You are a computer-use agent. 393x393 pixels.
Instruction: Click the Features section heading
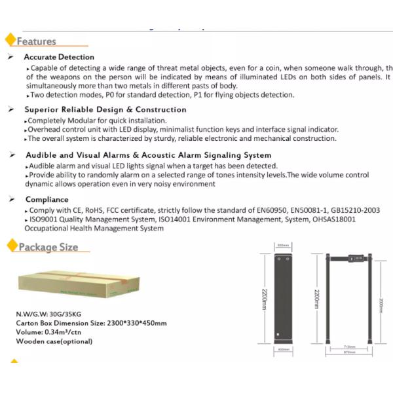pos(37,41)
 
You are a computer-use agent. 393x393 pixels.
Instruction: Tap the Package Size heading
pos(48,247)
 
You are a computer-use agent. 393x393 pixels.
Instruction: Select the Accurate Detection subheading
pos(59,57)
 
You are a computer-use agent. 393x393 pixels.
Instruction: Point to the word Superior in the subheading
pos(42,109)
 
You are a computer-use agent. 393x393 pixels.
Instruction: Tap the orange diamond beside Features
pos(10,40)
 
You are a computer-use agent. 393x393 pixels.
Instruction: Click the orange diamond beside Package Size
pos(11,246)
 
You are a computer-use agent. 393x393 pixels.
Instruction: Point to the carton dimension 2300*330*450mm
pos(137,323)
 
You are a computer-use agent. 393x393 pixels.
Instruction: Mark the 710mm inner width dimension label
pos(349,346)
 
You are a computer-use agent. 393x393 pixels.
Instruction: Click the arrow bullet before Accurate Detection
pos(10,57)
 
